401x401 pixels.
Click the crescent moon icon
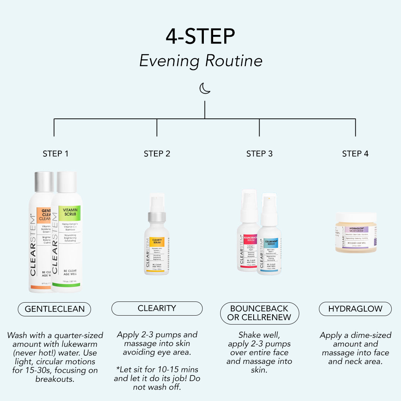click(205, 88)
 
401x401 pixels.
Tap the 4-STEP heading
click(200, 36)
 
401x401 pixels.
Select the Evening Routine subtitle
click(200, 61)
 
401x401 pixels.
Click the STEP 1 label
click(55, 154)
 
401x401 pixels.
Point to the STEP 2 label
click(157, 154)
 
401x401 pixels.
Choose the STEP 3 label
click(259, 154)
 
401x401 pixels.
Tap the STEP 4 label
click(355, 154)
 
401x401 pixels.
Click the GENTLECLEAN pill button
click(54, 309)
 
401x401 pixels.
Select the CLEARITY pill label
click(157, 308)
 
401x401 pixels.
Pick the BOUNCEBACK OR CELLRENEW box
click(259, 313)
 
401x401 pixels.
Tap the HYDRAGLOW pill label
click(355, 309)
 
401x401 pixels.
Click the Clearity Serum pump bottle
click(156, 238)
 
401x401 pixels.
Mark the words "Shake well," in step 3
click(259, 335)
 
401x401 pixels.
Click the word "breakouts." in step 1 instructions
click(55, 379)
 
